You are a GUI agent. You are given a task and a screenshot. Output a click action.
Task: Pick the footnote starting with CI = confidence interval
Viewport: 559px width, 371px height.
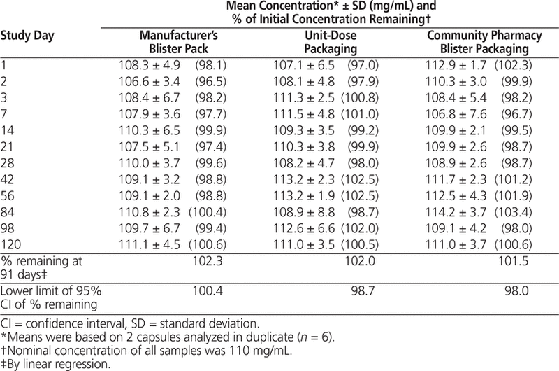pos(111,323)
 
